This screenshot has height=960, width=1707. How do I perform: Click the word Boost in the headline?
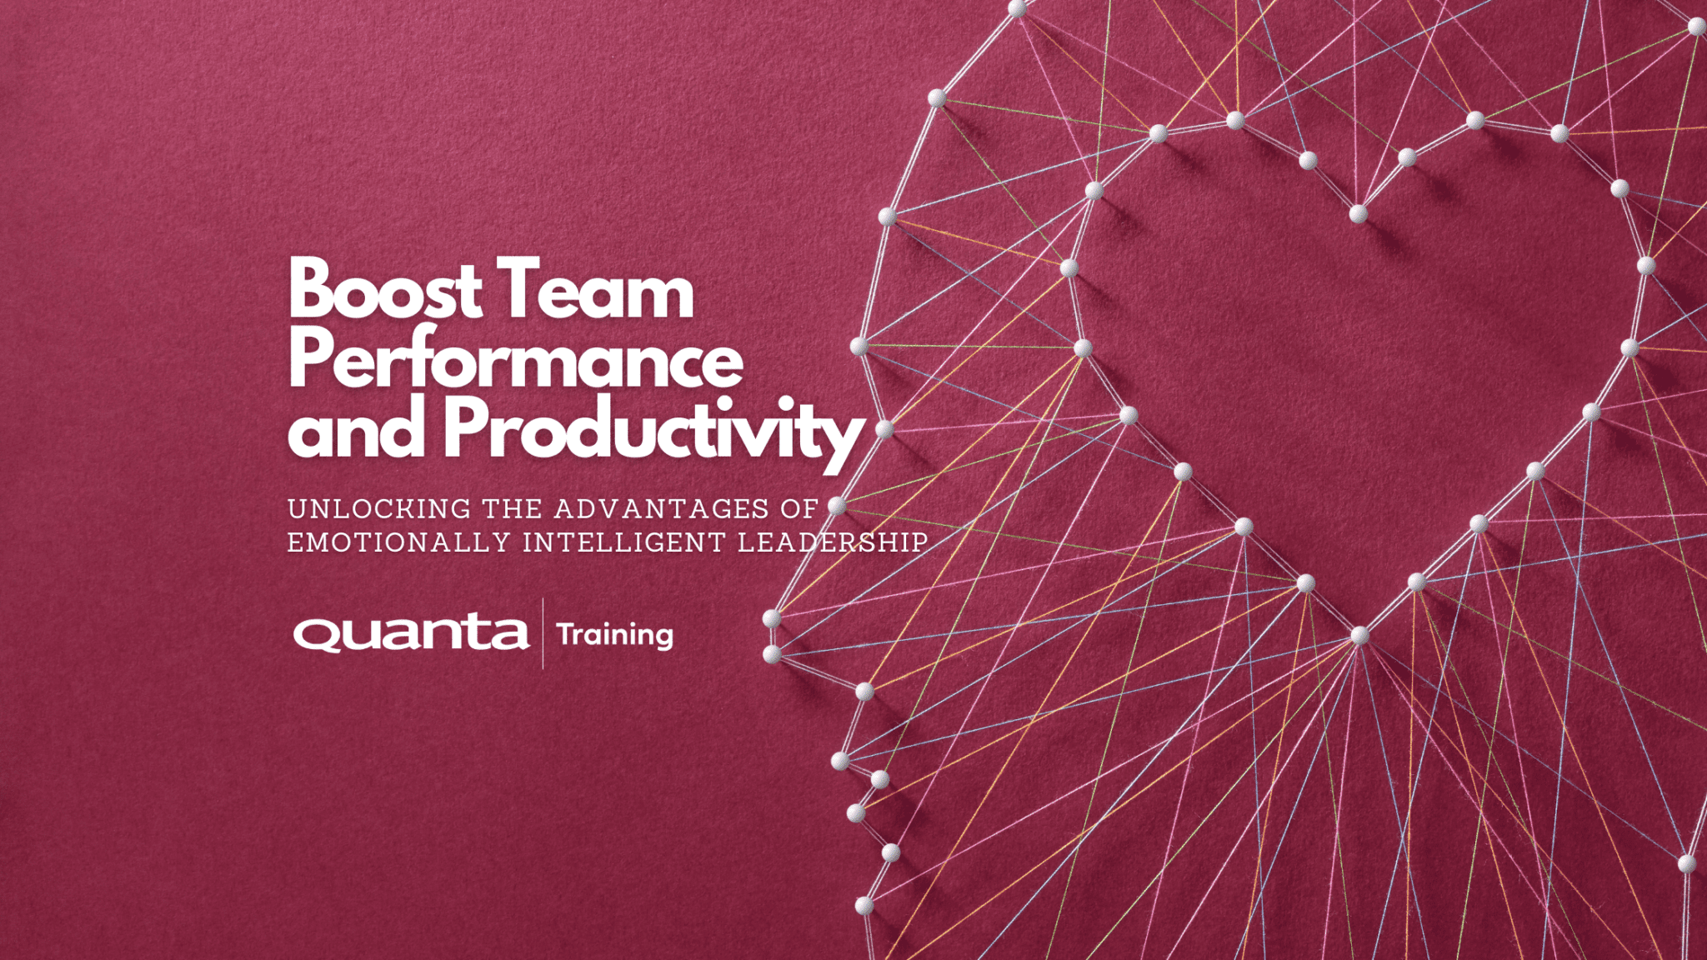pos(384,289)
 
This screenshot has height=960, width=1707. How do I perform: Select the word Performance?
pos(515,360)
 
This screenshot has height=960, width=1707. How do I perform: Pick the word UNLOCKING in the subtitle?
pos(379,508)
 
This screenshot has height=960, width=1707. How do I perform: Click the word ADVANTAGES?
pos(662,508)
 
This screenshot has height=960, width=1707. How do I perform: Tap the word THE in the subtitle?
pos(513,508)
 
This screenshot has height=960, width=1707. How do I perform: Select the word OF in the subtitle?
pos(799,508)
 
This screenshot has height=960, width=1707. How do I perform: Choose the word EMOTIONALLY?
pos(398,542)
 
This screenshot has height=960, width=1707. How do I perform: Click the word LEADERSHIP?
pos(833,542)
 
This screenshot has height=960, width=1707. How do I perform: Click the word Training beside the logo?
pos(615,635)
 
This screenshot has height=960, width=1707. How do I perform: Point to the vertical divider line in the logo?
pos(543,633)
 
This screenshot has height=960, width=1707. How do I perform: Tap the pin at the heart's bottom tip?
pos(1359,636)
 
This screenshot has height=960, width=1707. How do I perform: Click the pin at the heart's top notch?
pos(1358,214)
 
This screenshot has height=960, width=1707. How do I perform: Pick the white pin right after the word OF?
pos(837,505)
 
